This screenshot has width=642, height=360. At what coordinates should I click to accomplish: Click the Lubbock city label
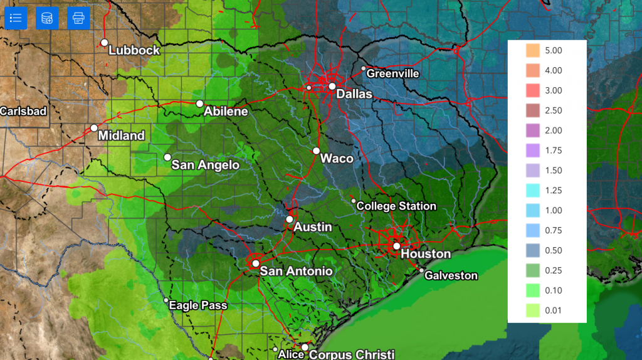[x=134, y=50]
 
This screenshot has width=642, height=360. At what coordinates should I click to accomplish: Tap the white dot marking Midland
[x=94, y=128]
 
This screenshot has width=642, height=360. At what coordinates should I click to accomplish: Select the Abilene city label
[x=226, y=112]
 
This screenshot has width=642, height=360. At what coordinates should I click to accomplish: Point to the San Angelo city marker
[x=167, y=157]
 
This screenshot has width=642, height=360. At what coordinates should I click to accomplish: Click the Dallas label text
[x=354, y=94]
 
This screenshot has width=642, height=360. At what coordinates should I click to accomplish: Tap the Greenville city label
[x=392, y=73]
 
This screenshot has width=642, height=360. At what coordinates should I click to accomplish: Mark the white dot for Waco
[x=317, y=151]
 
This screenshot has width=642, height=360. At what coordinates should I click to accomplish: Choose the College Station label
[x=396, y=206]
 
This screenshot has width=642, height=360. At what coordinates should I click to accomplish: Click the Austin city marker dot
[x=289, y=220]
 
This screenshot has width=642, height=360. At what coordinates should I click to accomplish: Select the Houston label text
[x=425, y=254]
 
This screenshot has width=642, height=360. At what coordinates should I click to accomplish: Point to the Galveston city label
[x=451, y=275]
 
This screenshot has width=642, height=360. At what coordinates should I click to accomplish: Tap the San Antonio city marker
[x=256, y=263]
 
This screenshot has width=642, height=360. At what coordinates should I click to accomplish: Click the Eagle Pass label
[x=199, y=305]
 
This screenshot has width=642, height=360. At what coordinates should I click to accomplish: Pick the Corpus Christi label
[x=352, y=354]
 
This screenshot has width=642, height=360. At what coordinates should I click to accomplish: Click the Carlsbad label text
[x=23, y=111]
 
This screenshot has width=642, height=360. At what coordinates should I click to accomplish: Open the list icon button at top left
[x=16, y=18]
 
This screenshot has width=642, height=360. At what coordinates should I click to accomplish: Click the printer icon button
[x=78, y=18]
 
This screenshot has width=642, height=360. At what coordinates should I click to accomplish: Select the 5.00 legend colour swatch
[x=532, y=50]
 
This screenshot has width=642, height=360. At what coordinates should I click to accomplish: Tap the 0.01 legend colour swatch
[x=532, y=310]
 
